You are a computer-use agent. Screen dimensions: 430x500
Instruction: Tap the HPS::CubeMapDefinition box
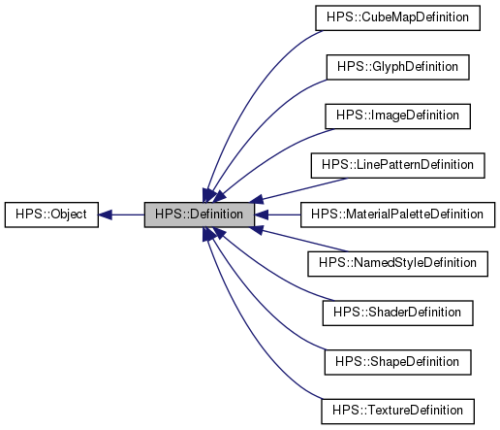pos(398,17)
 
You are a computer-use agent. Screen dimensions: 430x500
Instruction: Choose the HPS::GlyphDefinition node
pos(398,67)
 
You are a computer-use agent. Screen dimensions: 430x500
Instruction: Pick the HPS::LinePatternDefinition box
pos(398,165)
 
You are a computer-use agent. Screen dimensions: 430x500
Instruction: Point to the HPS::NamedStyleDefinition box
pos(398,263)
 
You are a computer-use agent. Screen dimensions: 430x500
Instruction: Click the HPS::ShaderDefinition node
pos(398,313)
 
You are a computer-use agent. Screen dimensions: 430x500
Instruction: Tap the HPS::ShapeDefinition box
pos(398,361)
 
